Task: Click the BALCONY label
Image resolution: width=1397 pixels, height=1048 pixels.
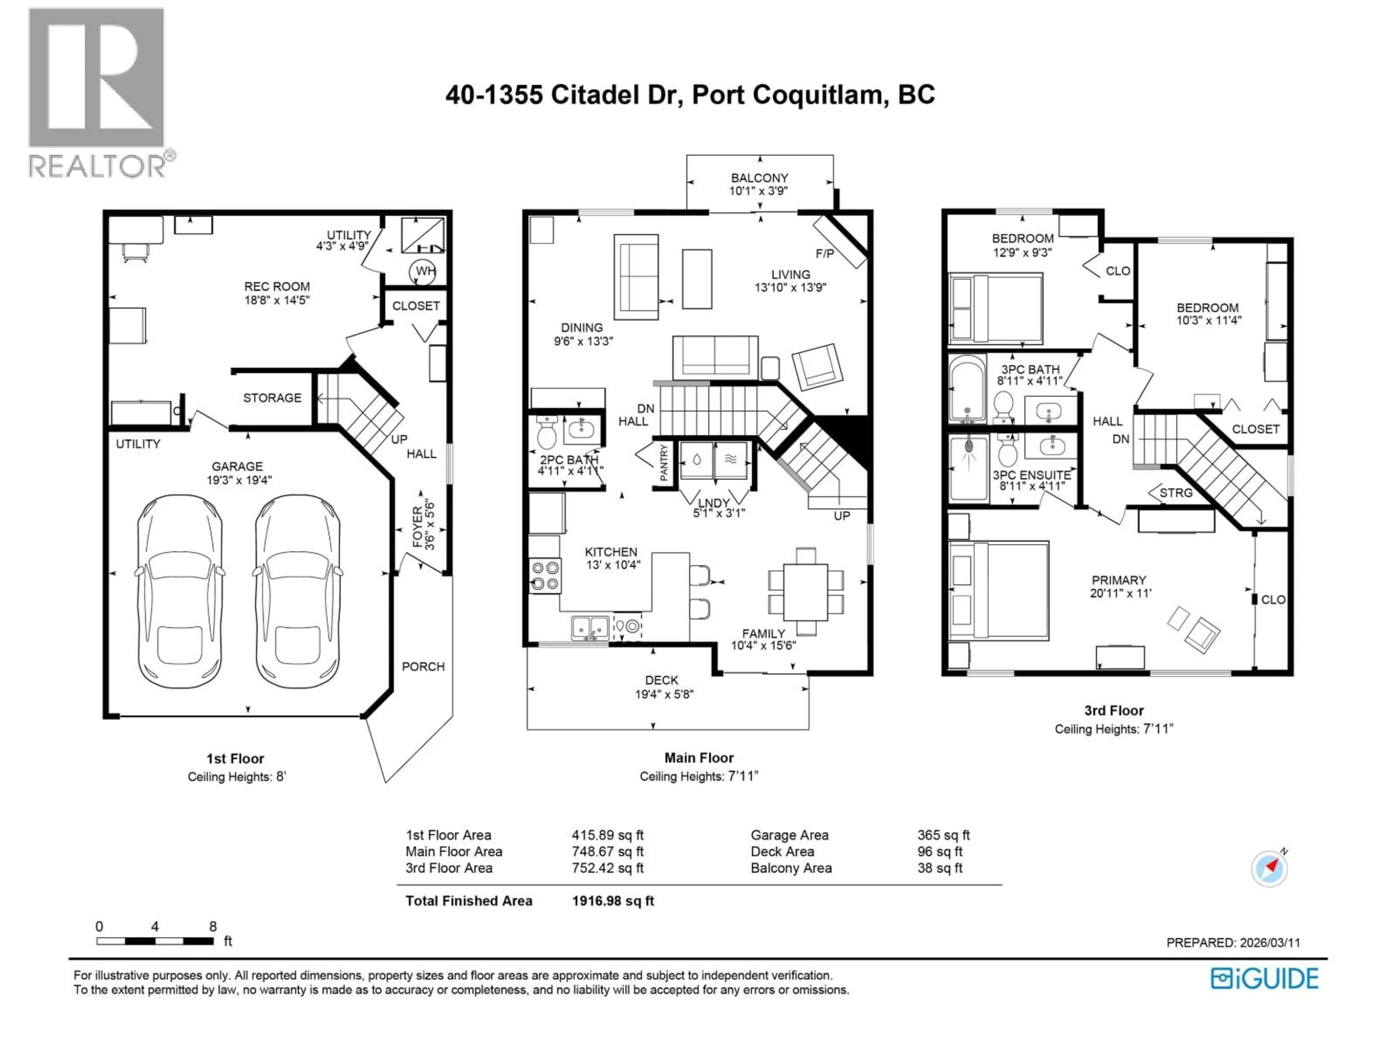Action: pos(759,178)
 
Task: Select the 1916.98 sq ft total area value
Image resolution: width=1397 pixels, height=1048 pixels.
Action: pos(613,901)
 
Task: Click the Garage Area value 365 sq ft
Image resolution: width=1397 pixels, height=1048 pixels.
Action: pos(943,835)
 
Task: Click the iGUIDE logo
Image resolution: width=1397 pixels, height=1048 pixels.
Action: pos(1264,978)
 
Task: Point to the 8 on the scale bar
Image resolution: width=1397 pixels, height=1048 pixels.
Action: pos(213,927)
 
